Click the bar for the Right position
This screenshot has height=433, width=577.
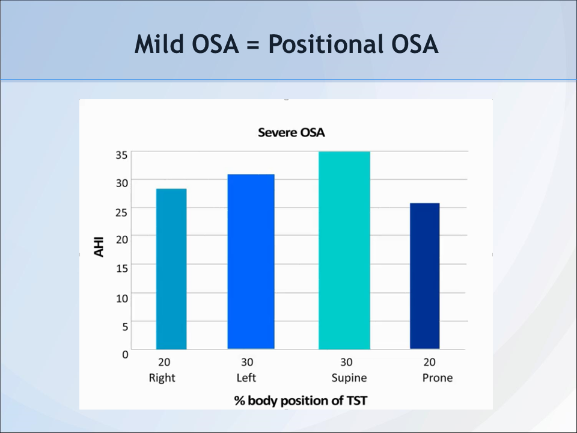171,269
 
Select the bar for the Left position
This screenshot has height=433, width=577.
251,262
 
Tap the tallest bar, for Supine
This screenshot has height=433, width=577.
344,250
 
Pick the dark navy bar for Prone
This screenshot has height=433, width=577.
424,276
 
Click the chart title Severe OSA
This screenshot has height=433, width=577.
291,132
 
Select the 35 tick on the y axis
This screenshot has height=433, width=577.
121,155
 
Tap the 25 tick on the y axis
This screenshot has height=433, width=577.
121,212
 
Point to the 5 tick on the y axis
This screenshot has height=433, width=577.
125,327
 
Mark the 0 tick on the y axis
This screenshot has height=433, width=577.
125,354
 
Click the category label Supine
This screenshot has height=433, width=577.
349,378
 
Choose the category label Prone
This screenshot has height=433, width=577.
437,378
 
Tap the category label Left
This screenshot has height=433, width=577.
246,378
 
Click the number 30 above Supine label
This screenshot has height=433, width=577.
346,363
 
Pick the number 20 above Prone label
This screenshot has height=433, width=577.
430,363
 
